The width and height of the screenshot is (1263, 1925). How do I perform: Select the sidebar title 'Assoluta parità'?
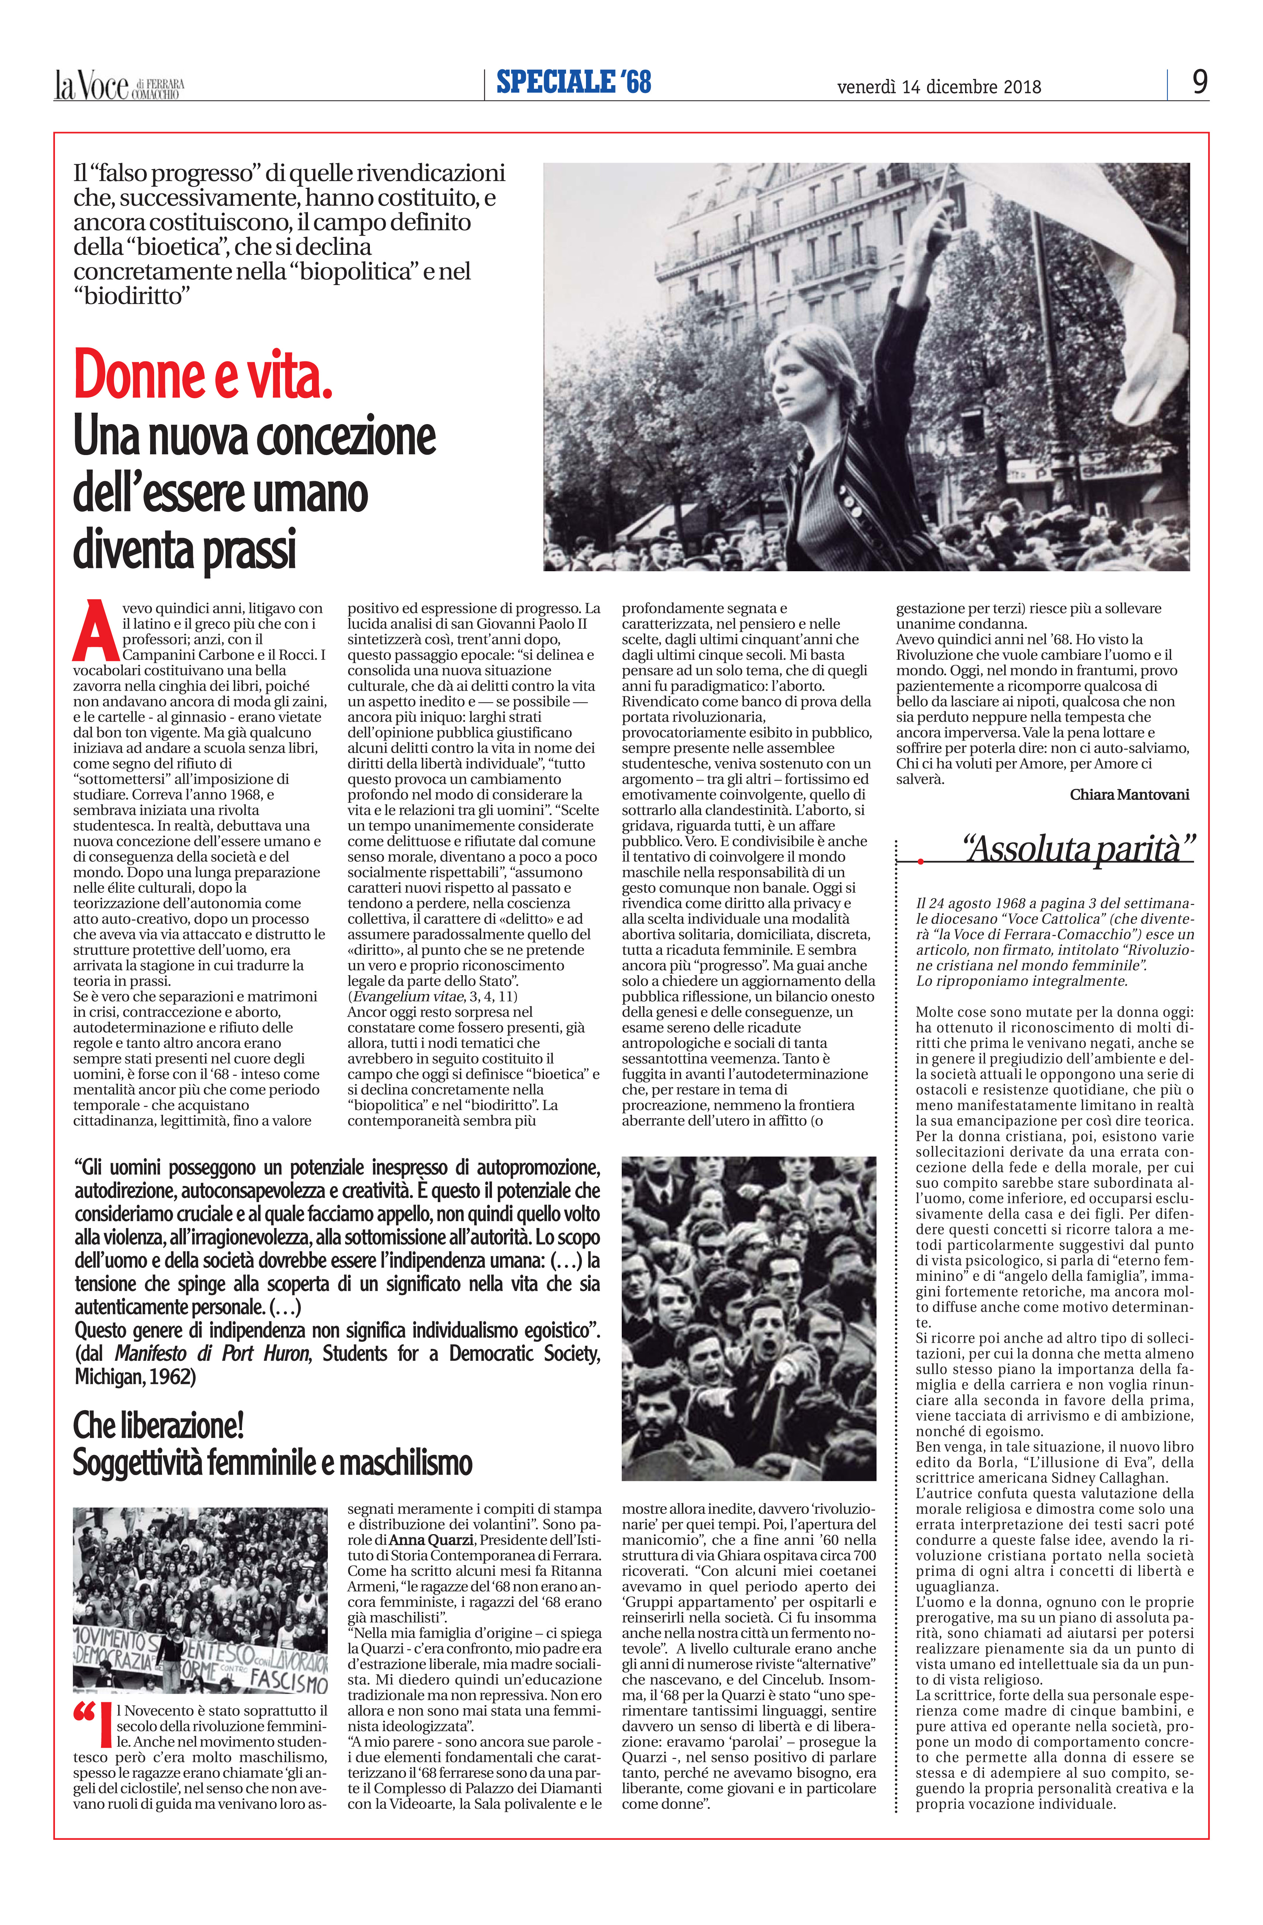coord(1078,849)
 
